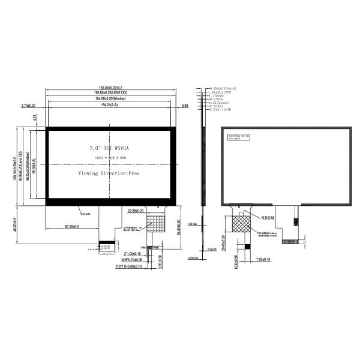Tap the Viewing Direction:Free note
tap(109, 173)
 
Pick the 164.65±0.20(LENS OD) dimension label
tap(109, 93)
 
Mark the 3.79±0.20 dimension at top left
tap(28, 105)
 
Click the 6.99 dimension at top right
tap(185, 105)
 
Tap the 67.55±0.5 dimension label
tap(73, 227)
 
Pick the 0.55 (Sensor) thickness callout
tap(223, 103)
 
